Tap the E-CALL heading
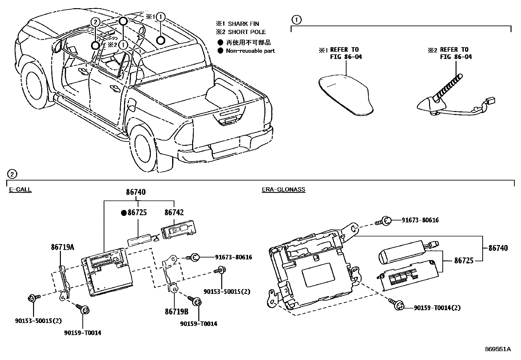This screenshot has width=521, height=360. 20,190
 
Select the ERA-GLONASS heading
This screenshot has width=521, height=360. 283,190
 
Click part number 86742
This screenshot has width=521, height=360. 174,213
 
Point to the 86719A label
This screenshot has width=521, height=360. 62,247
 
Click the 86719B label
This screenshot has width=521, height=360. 176,312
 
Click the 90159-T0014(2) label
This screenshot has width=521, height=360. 437,308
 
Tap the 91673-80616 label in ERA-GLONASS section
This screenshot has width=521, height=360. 420,220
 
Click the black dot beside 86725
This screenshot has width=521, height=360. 124,213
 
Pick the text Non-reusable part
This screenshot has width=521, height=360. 250,51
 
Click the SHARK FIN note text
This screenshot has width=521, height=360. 243,24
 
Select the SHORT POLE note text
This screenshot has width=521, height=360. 246,32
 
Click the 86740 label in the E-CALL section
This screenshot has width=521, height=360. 136,192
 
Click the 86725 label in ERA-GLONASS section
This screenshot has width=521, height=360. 463,261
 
